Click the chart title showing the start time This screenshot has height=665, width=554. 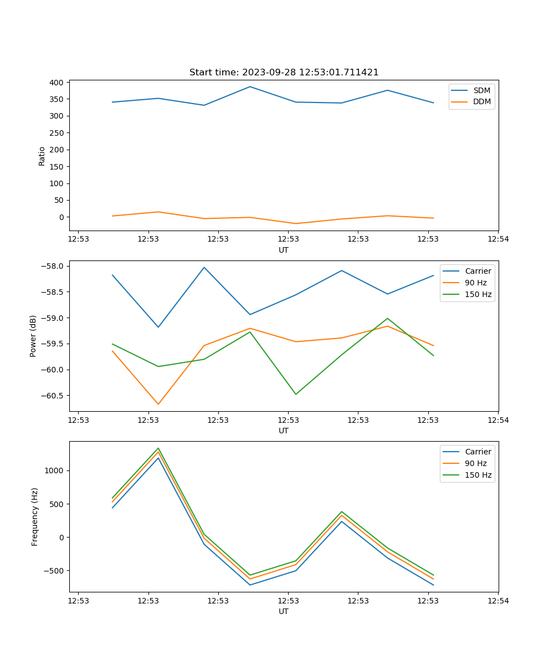284,73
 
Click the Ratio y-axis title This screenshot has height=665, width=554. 42,156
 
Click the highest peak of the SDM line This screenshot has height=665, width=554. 250,86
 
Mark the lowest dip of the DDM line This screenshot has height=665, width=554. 296,224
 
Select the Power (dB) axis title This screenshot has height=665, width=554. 33,336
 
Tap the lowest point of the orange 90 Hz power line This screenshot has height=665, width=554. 158,405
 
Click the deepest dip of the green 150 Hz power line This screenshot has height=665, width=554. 296,395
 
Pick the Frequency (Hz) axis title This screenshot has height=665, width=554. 34,517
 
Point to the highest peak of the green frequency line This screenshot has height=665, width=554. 158,448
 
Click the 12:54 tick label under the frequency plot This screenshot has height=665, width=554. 498,601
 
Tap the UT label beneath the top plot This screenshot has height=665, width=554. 284,250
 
